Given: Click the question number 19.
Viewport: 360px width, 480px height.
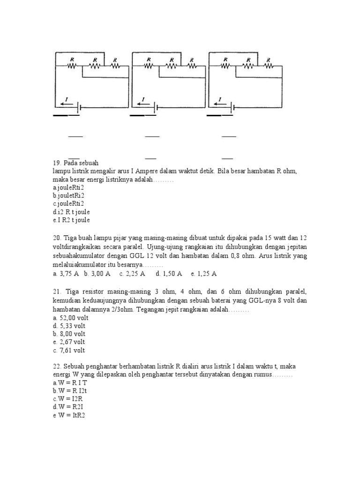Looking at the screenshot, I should pyautogui.click(x=57, y=162).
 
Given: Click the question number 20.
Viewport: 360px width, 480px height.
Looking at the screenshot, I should pyautogui.click(x=57, y=238).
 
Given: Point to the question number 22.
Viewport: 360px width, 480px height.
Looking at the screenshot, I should pyautogui.click(x=57, y=366).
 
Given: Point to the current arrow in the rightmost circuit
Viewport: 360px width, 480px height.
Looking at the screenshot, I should pyautogui.click(x=219, y=104).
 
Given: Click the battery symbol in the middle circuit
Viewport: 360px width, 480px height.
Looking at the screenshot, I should pyautogui.click(x=156, y=107).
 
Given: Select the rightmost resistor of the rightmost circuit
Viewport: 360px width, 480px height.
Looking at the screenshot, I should pyautogui.click(x=268, y=66).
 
